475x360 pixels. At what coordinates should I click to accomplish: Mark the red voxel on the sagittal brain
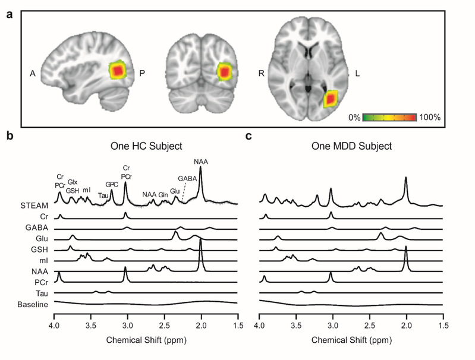(x=118, y=71)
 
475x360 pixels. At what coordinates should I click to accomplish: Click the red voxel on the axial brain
(x=330, y=98)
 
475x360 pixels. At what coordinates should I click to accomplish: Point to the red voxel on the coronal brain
(x=224, y=72)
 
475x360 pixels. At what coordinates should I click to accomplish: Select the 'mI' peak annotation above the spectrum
(x=87, y=190)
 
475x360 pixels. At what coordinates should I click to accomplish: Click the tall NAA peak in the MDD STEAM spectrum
(x=405, y=178)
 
